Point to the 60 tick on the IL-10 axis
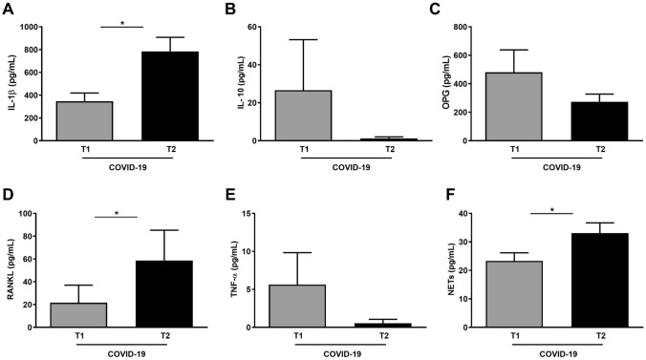256,26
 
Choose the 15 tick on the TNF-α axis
256,213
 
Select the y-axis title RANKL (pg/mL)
12,270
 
